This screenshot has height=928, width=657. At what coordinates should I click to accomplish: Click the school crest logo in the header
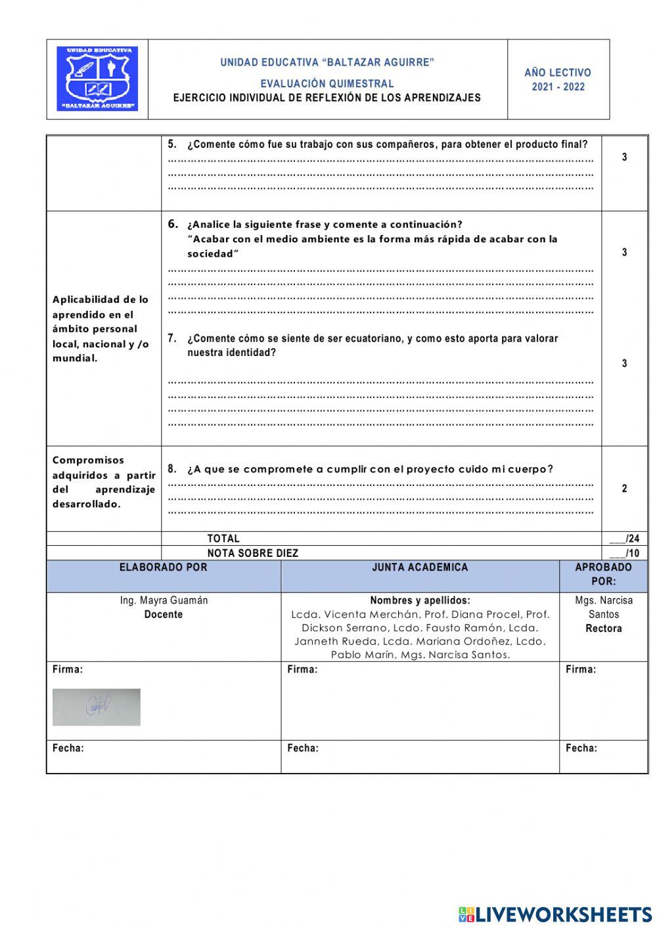pos(97,79)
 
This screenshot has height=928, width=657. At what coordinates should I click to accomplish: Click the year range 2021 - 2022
pos(558,87)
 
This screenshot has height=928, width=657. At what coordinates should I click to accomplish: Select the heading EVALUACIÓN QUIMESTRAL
pos(327,83)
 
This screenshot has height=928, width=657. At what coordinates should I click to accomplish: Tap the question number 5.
pos(172,144)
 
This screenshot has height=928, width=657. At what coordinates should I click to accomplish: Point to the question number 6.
pos(173,224)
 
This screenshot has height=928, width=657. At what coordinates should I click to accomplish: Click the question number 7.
pos(172,338)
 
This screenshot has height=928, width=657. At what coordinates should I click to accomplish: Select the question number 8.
pos(172,469)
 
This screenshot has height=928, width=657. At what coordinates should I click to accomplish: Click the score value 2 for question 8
pos(624,489)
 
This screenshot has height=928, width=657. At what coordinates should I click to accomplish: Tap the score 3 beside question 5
pos(624,157)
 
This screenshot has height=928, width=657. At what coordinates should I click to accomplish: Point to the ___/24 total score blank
pos(624,539)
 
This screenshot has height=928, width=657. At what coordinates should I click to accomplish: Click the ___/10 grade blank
pos(624,553)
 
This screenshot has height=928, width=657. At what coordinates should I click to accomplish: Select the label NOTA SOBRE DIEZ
pos(252,553)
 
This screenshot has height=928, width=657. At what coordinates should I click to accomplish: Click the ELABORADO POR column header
pos(163,567)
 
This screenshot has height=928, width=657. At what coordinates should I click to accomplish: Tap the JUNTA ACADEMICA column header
pos(420,567)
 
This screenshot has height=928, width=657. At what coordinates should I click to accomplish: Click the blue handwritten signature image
pos(97,707)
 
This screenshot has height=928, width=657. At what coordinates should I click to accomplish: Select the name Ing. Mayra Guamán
pos(164,600)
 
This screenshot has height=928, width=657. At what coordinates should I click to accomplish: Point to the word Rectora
pos(603,629)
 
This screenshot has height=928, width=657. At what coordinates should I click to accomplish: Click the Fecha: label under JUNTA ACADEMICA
pos(303,748)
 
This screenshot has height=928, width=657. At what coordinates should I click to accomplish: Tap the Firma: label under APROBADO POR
pos(581,669)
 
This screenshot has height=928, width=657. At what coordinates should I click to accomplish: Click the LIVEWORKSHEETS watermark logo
pos(555,914)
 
